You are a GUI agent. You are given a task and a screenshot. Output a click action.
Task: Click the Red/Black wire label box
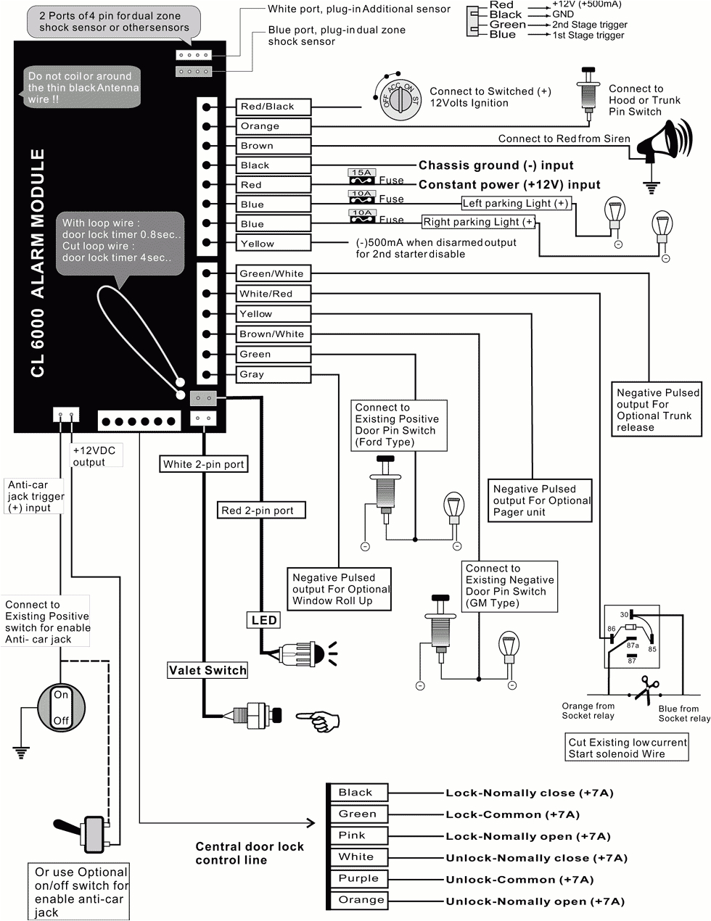(273, 107)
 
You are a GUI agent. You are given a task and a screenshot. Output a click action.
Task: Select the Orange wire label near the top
(273, 126)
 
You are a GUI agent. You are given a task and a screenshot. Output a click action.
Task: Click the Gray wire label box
(273, 374)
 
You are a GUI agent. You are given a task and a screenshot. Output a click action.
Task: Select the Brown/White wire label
(273, 334)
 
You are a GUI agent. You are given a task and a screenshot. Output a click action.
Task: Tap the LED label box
(263, 620)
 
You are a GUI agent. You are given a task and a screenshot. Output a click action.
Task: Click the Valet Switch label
(207, 670)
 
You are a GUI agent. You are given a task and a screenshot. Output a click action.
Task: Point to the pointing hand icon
(318, 719)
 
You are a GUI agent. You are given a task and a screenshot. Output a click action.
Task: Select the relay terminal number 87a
(632, 645)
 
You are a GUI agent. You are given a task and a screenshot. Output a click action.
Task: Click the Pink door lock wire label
(358, 835)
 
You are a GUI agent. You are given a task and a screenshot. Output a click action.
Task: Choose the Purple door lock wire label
(358, 878)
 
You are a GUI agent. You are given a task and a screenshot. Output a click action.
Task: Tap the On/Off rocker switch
(61, 707)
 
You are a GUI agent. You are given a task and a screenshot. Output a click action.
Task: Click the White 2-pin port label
(203, 464)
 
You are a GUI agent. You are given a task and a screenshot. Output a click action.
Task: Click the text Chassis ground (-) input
(496, 165)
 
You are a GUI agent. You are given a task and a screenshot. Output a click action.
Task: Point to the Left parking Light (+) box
(516, 204)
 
